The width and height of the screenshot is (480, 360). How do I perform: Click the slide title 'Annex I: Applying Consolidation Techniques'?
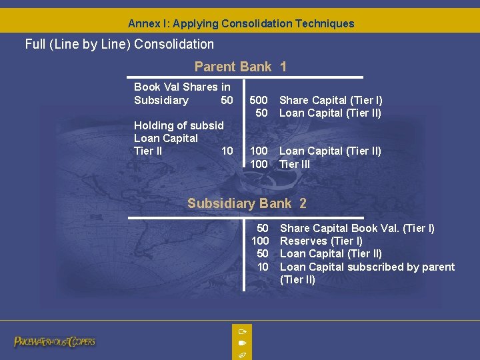[x=241, y=23]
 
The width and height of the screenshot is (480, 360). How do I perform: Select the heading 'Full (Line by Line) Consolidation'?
[x=119, y=45]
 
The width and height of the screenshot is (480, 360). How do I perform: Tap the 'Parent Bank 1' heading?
[x=241, y=67]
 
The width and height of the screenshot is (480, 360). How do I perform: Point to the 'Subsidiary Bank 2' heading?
[x=247, y=203]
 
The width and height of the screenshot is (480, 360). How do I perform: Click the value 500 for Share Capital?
[x=259, y=100]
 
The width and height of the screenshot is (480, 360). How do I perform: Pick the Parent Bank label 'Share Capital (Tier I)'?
[x=331, y=100]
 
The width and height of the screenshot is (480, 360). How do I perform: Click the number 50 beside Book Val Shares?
[x=227, y=100]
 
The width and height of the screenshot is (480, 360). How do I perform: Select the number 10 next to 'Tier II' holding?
[x=227, y=151]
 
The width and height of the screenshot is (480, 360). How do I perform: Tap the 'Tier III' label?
[x=295, y=164]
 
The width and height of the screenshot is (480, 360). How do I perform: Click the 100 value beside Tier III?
[x=259, y=164]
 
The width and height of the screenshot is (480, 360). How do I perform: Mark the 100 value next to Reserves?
[x=260, y=241]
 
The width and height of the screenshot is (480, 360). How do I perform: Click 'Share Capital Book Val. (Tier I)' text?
[x=357, y=228]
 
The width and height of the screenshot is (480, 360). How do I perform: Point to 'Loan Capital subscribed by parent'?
[x=367, y=267]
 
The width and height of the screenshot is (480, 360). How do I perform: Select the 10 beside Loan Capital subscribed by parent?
[x=263, y=267]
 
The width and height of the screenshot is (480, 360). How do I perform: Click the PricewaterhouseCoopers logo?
[x=55, y=341]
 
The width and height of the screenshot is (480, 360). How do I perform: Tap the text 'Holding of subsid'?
[x=179, y=125]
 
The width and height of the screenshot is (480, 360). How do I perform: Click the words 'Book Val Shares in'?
[x=182, y=87]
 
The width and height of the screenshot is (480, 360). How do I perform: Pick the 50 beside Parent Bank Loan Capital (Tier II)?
[x=262, y=113]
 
